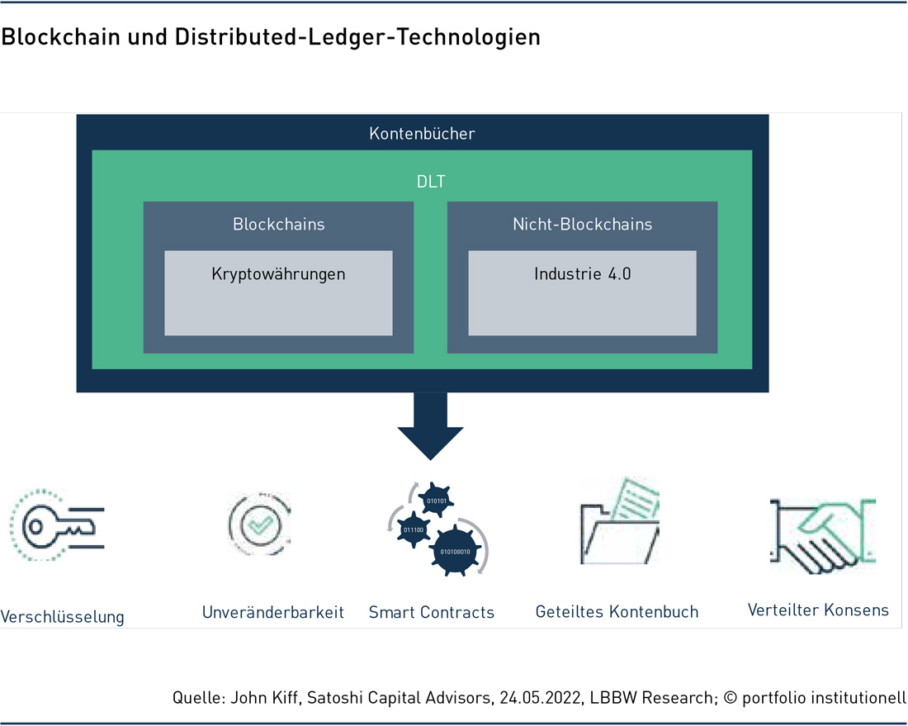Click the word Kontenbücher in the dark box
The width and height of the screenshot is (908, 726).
click(422, 133)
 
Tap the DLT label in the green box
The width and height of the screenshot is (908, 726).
click(431, 182)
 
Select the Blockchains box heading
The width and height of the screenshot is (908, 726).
click(278, 224)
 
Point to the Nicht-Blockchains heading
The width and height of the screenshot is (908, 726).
click(583, 224)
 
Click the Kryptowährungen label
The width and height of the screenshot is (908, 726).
click(278, 274)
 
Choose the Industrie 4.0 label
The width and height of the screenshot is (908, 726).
click(583, 273)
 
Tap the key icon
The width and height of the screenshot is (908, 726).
click(57, 525)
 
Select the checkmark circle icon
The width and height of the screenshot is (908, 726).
click(259, 524)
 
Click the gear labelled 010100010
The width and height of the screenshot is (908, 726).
click(455, 551)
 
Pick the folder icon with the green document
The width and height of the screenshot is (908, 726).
click(620, 520)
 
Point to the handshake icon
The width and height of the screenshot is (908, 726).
click(822, 535)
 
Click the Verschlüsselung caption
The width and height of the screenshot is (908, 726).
click(62, 616)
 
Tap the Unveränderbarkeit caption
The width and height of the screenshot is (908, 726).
click(272, 612)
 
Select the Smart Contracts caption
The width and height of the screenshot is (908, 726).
click(432, 612)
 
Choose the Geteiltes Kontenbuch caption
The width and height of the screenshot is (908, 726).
click(617, 611)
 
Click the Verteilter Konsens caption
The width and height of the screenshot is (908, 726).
click(818, 610)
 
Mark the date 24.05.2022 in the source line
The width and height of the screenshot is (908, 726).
click(541, 697)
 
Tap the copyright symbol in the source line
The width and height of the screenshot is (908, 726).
click(731, 698)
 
